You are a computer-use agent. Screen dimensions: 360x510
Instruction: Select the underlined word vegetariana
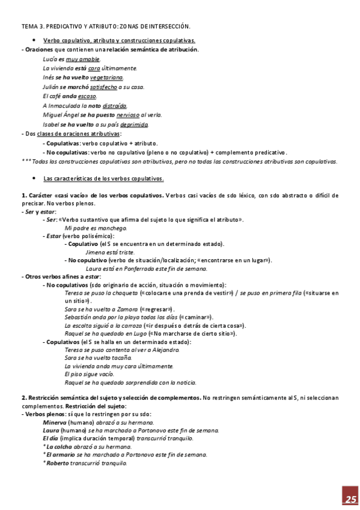(108, 78)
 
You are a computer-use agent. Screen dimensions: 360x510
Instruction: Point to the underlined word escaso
(87, 96)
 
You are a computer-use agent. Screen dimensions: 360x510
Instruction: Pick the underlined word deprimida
(134, 124)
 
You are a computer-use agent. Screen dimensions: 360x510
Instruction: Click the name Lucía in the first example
(50, 59)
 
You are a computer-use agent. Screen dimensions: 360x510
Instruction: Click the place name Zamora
(126, 309)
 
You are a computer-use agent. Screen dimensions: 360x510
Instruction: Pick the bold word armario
(62, 455)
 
